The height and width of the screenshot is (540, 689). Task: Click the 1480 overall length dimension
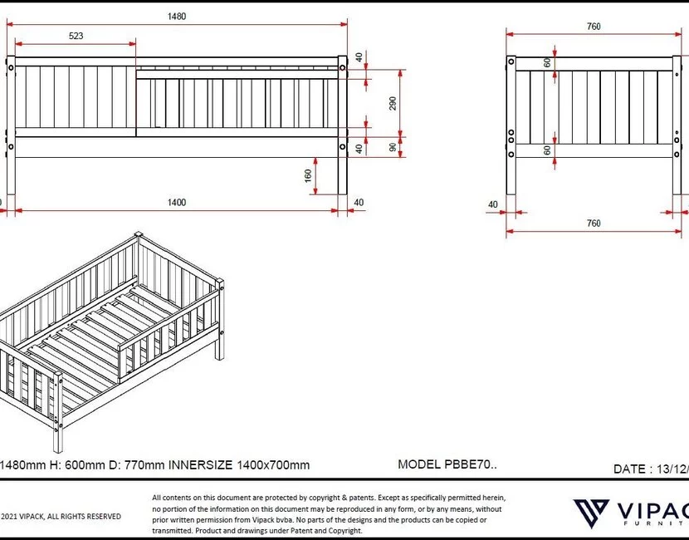[x=176, y=16]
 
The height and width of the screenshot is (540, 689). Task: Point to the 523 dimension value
[x=76, y=37]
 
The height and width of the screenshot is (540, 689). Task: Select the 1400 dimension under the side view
[x=176, y=202]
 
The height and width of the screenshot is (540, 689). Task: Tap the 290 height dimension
[x=393, y=103]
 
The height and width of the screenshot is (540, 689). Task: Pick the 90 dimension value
[x=393, y=147]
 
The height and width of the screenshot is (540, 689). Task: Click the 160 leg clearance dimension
[x=309, y=177]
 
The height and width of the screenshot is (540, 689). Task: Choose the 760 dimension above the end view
[x=594, y=27]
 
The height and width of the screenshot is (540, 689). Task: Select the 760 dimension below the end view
[x=594, y=223]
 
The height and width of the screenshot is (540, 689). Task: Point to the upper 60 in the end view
[x=548, y=63]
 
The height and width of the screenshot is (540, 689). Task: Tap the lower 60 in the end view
[x=548, y=150]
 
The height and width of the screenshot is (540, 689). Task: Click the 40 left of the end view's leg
[x=493, y=204]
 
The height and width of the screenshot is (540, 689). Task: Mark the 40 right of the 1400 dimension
[x=359, y=202]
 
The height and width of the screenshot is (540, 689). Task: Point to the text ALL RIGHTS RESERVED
[x=83, y=517]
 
